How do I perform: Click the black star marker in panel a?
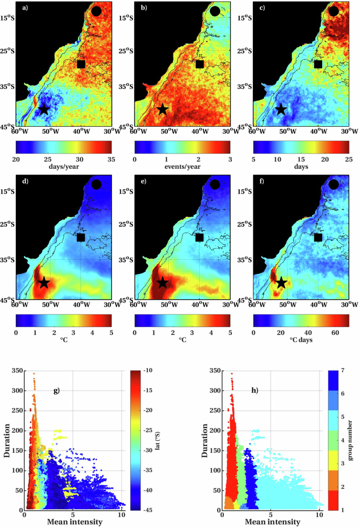pyautogui.click(x=44, y=109)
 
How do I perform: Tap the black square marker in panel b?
pyautogui.click(x=199, y=64)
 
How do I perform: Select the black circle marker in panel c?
pyautogui.click(x=333, y=11)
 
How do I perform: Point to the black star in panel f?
pyautogui.click(x=281, y=283)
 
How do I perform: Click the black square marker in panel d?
pyautogui.click(x=81, y=237)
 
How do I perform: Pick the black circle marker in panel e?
pyautogui.click(x=214, y=184)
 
